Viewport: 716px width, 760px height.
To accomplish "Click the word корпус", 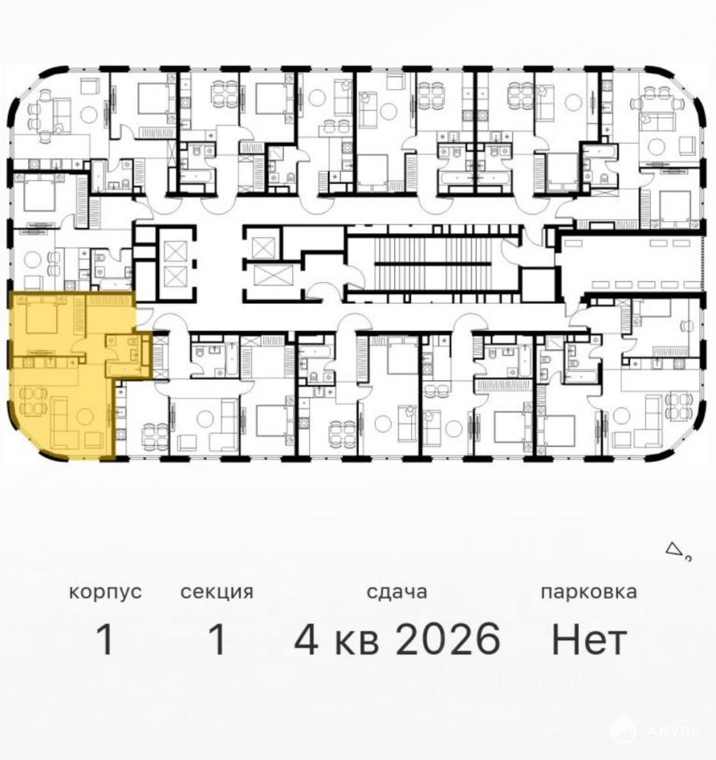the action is (x=105, y=592).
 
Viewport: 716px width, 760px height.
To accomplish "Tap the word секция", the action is (x=217, y=592).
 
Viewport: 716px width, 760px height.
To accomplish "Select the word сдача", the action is (x=396, y=592).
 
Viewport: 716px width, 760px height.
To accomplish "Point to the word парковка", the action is (x=589, y=592).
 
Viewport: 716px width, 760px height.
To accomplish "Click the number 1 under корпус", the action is (x=105, y=639).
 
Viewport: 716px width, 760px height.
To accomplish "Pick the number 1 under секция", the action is (x=217, y=639).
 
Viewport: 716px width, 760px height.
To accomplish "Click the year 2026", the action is (x=448, y=639).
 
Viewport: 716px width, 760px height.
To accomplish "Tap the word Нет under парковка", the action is (x=589, y=639).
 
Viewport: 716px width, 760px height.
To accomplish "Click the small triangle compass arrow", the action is (x=673, y=549).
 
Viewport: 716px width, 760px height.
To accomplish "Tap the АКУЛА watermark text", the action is (x=673, y=730).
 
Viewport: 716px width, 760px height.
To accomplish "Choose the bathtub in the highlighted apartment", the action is (x=127, y=371).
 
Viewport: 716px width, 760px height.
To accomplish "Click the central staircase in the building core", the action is (x=433, y=264).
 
